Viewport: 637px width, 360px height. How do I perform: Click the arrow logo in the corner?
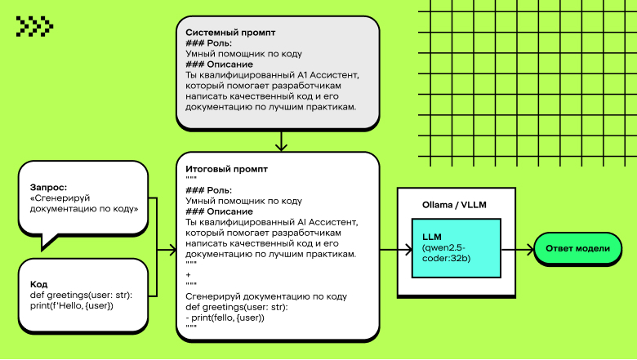(34, 27)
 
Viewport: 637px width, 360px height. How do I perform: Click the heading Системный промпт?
(230, 33)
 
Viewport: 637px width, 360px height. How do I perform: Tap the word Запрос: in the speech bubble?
(48, 186)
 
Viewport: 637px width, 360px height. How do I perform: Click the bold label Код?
(38, 284)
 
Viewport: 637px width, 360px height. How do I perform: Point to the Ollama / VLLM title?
(454, 204)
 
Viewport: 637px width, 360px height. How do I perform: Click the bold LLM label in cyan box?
(432, 236)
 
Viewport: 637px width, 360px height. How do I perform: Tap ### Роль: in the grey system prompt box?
(208, 43)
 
